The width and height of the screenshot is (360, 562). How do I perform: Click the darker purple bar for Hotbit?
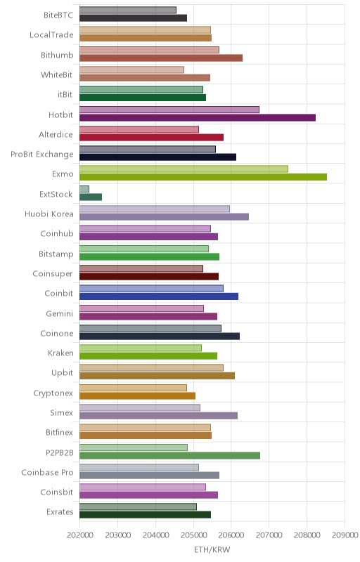coord(198,117)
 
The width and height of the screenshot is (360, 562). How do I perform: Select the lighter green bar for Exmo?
coord(184,169)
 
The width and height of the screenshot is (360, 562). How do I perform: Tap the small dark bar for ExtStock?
coord(91,197)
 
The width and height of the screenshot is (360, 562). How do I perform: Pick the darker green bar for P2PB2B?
coord(169,455)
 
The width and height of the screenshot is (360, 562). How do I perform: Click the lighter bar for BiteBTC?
coord(128,10)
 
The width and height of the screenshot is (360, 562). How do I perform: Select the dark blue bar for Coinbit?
coord(159,296)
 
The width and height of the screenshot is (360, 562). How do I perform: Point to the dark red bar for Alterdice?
coord(151,137)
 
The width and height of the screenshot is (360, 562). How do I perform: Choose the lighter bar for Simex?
coord(140,407)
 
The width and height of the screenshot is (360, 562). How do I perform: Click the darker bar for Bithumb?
coord(161,58)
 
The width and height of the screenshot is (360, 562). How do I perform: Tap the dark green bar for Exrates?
coord(146,515)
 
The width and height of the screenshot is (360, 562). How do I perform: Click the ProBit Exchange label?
coord(42,155)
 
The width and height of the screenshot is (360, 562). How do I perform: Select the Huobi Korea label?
coord(49,214)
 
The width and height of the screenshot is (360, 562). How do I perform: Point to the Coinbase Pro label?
coord(47,472)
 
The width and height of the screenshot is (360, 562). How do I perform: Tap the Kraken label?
coord(60,353)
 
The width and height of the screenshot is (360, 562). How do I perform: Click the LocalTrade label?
coord(51,34)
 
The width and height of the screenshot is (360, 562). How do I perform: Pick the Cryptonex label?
coord(53,393)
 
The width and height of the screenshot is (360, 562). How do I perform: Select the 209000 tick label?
coord(345,535)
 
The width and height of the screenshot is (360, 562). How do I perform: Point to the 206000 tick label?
coord(231,535)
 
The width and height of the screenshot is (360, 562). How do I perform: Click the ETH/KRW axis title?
coord(212,550)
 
